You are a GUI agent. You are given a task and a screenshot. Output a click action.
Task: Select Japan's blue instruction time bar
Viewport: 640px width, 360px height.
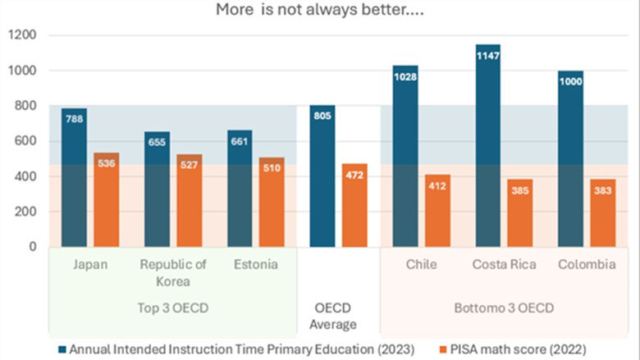[x=74, y=180]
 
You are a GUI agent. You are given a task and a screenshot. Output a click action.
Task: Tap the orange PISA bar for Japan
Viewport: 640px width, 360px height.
[x=106, y=201]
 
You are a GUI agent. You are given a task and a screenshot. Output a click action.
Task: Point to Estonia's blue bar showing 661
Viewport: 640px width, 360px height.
[x=240, y=189]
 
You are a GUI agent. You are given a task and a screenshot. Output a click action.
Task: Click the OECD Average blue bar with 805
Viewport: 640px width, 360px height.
[x=322, y=176]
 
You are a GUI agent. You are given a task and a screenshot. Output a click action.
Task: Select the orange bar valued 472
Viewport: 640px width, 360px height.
[x=354, y=205]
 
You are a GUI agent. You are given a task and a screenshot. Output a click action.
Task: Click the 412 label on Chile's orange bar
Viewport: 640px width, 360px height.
[x=437, y=187]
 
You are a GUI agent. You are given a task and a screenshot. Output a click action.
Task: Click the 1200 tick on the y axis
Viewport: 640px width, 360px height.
[x=23, y=35]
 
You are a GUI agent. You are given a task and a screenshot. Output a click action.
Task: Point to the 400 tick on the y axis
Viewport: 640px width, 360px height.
[x=27, y=176]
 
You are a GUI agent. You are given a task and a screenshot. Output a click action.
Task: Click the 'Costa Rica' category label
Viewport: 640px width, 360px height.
[x=504, y=265]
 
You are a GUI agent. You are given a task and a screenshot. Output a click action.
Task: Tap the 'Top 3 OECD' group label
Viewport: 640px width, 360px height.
[x=172, y=308]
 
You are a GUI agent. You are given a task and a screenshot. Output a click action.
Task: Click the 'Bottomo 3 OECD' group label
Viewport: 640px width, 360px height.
[x=504, y=308]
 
